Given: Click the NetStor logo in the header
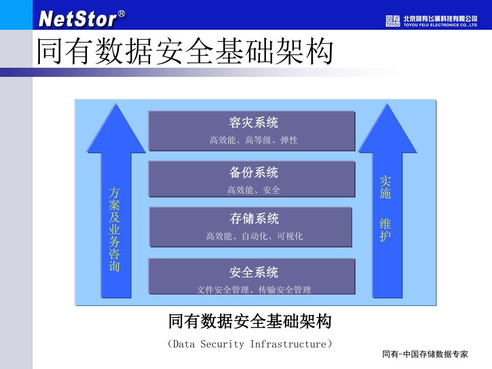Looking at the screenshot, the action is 78,19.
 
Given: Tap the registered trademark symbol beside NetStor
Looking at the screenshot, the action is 122,14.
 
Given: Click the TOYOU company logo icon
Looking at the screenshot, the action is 393,21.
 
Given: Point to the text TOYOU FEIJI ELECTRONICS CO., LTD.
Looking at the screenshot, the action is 441,25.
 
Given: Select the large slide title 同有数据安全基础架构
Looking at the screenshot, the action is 185,52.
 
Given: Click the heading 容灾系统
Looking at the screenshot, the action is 253,123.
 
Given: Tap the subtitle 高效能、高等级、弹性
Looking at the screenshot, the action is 253,140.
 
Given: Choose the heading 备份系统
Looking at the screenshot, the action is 253,172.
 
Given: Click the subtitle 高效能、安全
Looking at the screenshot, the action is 253,190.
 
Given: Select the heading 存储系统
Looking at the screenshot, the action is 254,219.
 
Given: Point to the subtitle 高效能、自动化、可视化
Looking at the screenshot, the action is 254,236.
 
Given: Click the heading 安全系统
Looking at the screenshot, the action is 253,272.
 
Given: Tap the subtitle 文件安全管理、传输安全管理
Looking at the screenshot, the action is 253,290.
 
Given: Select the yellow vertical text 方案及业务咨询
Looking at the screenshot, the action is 114,230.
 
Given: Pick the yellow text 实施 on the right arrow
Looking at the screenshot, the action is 385,187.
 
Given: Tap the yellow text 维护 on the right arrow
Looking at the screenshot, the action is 385,230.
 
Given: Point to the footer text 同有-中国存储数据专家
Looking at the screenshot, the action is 425,355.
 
